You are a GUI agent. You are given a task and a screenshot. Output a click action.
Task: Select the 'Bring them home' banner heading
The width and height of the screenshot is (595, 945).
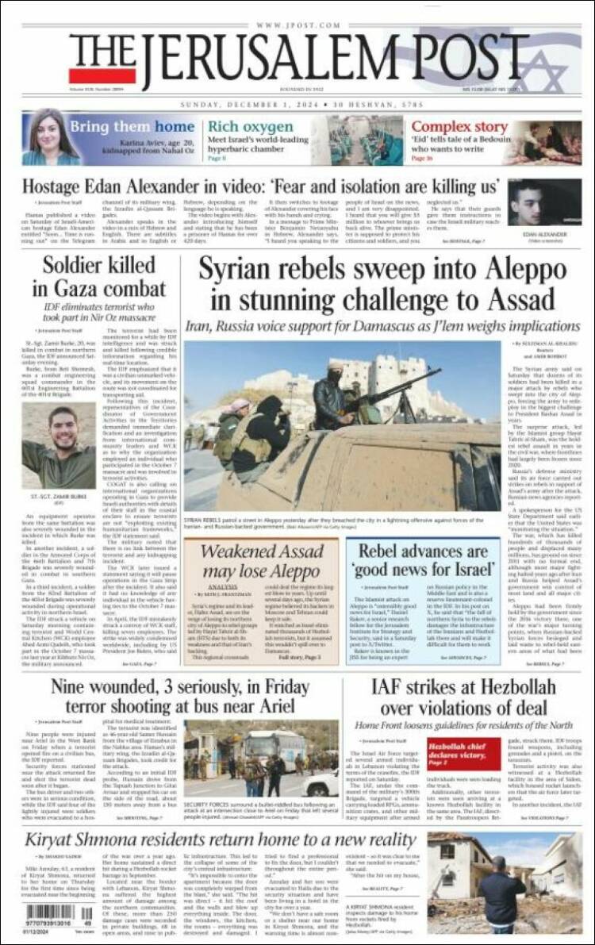coord(132,127)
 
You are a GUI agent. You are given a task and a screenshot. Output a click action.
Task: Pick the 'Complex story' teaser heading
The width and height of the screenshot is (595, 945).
coord(459,127)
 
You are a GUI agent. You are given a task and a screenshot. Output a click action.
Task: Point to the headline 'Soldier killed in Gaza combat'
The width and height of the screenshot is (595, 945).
coord(94,278)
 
